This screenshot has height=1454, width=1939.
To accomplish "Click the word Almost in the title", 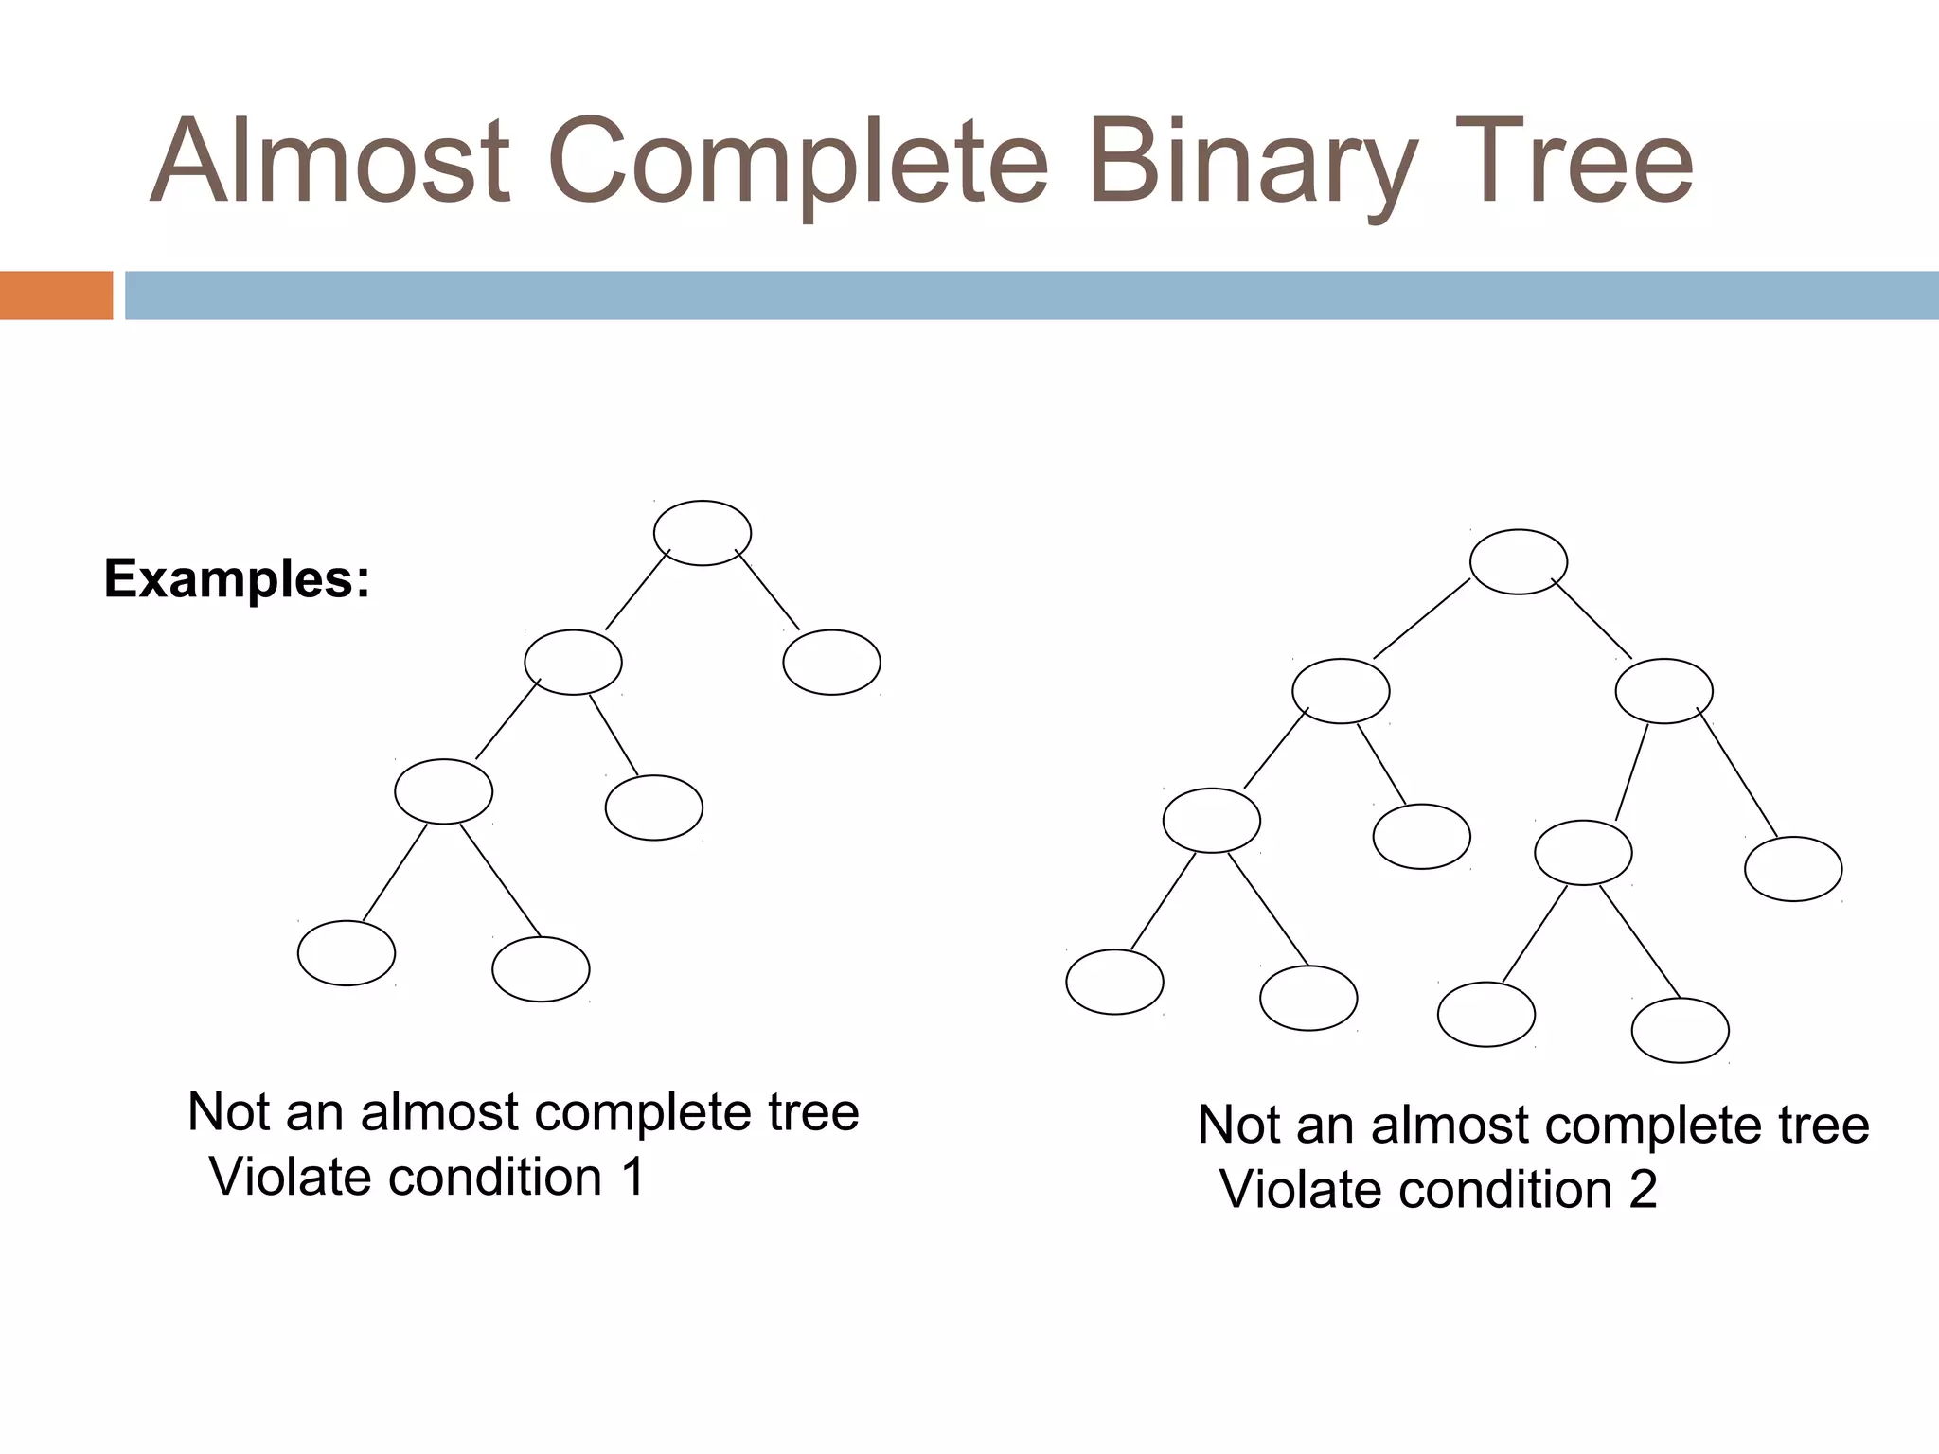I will [x=330, y=161].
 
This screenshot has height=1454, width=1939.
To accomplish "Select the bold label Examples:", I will [x=237, y=578].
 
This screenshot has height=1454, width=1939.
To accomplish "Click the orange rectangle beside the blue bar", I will [x=56, y=295].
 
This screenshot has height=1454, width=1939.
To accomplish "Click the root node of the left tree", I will [x=703, y=533].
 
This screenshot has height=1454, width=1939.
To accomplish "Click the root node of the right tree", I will [x=1518, y=561].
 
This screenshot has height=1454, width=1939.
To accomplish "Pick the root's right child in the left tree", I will [x=831, y=663].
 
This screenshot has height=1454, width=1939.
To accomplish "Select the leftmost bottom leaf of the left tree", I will [x=347, y=953].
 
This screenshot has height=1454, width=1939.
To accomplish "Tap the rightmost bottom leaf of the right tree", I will [x=1681, y=1031].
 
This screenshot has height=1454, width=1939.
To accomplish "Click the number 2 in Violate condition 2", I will [x=1643, y=1190].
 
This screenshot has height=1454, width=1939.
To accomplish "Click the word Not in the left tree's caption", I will [x=228, y=1112].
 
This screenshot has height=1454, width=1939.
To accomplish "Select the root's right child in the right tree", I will [x=1663, y=691].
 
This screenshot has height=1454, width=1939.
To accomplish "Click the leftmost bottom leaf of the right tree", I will [x=1114, y=982].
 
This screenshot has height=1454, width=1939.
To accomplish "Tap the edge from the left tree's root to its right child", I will [x=768, y=590].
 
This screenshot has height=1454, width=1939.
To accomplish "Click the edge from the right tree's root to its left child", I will [x=1421, y=618].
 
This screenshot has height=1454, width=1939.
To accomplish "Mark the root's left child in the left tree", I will [x=573, y=663].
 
